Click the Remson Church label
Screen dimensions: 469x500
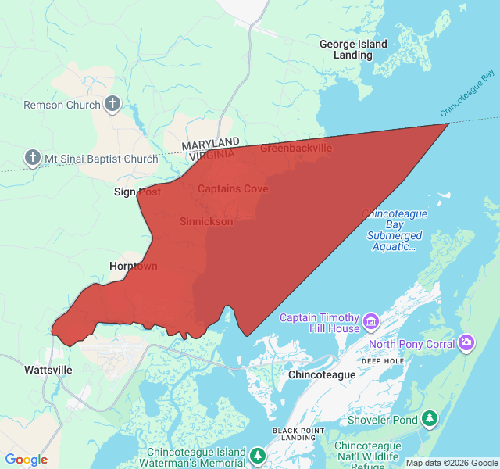click(62, 105)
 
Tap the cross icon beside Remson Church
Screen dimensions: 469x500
click(112, 104)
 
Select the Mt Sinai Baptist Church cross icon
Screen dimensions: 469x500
click(33, 159)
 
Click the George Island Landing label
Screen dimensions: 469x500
click(353, 49)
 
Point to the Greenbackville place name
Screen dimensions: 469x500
click(296, 148)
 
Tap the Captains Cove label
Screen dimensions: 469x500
click(233, 188)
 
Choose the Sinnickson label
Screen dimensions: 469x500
click(206, 221)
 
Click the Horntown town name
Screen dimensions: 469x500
click(134, 266)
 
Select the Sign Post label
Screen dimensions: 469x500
click(137, 192)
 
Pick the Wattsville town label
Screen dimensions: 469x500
click(48, 369)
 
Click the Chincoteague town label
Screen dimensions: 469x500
click(322, 374)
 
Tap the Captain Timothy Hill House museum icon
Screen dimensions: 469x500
click(370, 321)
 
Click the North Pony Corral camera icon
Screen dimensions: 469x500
click(466, 343)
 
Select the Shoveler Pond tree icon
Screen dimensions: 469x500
click(430, 419)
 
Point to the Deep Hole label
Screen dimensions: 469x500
click(383, 361)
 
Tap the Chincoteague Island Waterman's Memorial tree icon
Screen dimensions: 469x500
click(259, 454)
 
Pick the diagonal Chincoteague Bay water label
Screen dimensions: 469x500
click(468, 93)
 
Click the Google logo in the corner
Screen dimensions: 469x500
click(26, 460)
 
